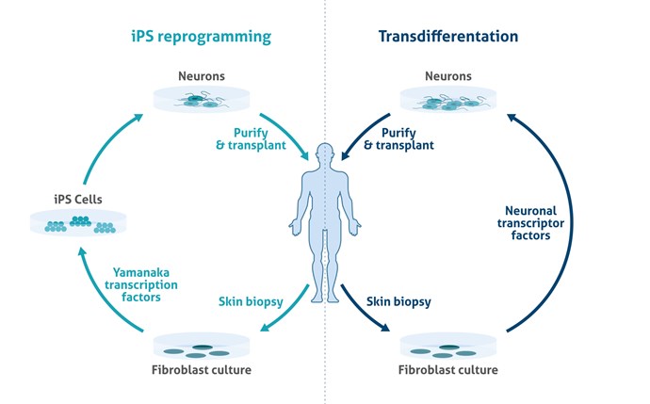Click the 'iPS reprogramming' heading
click(201, 37)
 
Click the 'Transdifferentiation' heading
click(448, 37)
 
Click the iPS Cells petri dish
click(78, 222)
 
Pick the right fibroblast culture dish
click(449, 350)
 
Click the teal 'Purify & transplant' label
click(249, 140)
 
